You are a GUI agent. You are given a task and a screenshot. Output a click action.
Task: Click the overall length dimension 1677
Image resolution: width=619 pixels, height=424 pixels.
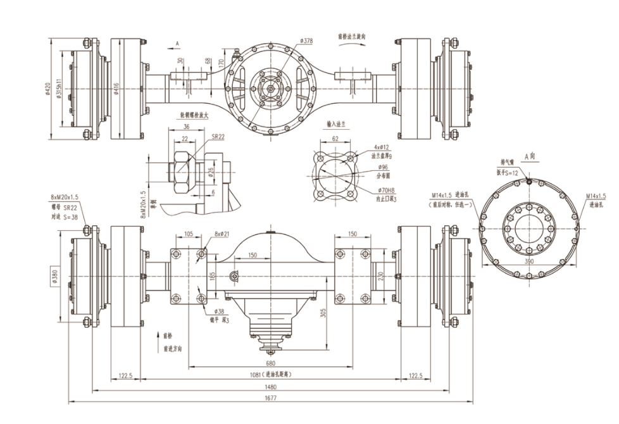point(271,397)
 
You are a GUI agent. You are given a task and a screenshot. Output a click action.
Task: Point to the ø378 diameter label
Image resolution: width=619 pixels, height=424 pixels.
point(306,42)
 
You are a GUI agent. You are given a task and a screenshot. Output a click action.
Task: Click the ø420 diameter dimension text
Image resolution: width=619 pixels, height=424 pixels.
point(48,89)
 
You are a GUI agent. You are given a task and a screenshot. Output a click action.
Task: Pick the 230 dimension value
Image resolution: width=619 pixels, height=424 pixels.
point(382,277)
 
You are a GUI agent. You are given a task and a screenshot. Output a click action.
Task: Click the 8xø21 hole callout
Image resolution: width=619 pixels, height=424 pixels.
point(221,234)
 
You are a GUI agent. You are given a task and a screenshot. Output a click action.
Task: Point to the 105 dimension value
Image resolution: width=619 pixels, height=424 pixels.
point(188,234)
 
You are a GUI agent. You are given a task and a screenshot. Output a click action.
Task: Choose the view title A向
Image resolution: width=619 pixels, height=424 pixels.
point(530,154)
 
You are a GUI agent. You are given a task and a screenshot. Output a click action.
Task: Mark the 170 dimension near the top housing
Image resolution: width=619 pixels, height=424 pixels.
point(220,63)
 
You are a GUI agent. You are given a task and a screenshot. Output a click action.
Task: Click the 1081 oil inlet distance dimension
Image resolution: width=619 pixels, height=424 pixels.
point(271,374)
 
